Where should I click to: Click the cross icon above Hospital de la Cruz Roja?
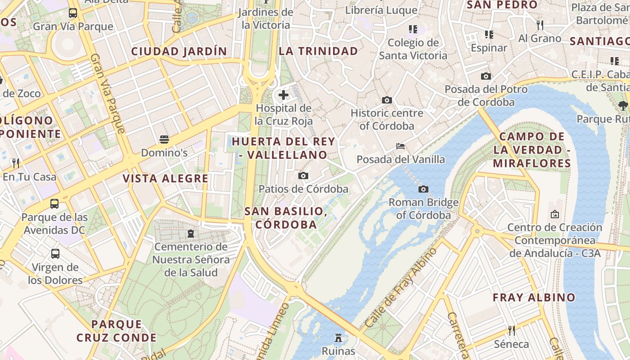pyautogui.click(x=283, y=95)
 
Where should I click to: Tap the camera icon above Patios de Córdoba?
pyautogui.click(x=303, y=175)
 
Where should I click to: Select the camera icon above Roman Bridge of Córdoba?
pyautogui.click(x=423, y=189)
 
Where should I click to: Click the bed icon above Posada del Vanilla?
pyautogui.click(x=400, y=146)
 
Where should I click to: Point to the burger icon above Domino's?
pyautogui.click(x=164, y=139)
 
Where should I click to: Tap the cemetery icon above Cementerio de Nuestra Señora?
pyautogui.click(x=191, y=234)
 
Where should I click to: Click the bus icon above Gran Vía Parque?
pyautogui.click(x=73, y=13)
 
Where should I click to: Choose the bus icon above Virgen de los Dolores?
pyautogui.click(x=55, y=254)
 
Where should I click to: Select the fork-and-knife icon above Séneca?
pyautogui.click(x=511, y=331)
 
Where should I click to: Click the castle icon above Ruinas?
pyautogui.click(x=338, y=337)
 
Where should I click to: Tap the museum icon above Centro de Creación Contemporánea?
pyautogui.click(x=554, y=214)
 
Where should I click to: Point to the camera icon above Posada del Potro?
pyautogui.click(x=486, y=76)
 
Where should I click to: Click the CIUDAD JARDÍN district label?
pyautogui.click(x=179, y=51)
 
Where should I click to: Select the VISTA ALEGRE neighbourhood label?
pyautogui.click(x=166, y=179)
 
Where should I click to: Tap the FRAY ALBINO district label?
pyautogui.click(x=534, y=297)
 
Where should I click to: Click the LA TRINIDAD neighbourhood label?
pyautogui.click(x=318, y=51)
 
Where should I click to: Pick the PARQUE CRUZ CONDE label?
pyautogui.click(x=117, y=331)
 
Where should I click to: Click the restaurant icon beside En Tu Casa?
pyautogui.click(x=16, y=163)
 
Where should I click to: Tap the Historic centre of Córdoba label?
pyautogui.click(x=387, y=119)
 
